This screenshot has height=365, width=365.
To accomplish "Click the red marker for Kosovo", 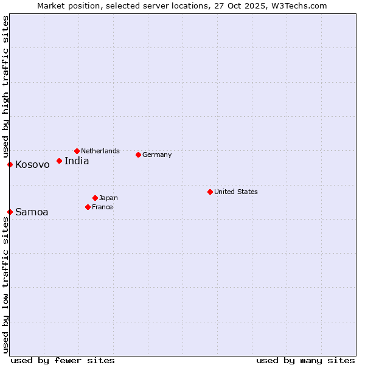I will pos(10,164).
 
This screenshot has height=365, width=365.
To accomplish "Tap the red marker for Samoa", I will pos(10,212).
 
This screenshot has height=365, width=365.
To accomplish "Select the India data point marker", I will pos(59,161).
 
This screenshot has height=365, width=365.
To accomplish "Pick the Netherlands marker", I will pos(77,151).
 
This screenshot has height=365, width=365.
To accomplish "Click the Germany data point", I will pos(138,155).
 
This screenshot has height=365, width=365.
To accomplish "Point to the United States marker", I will pos(210,192).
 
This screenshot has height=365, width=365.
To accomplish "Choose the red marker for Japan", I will pos(95,198).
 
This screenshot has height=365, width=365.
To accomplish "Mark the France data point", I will pos(88,207).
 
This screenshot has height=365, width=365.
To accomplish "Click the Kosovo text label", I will pos(32,165).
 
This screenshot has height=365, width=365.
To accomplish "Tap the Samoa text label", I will pos(32,212).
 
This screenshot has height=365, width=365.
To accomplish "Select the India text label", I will pos(77,161).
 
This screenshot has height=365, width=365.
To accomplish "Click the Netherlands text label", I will pos(100,151).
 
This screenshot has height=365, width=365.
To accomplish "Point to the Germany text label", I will pos(157,155).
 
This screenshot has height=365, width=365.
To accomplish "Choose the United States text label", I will pos(236,192).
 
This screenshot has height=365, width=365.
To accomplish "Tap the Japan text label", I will pos(108,198).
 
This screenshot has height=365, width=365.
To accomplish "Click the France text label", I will pos(102,207).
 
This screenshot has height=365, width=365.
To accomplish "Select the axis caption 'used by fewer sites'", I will pos(63,360).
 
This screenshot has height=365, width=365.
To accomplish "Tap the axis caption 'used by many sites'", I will pos(305,360).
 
